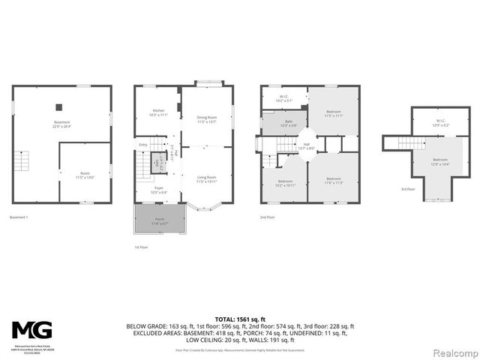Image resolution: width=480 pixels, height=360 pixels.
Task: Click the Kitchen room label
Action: pos(157,112)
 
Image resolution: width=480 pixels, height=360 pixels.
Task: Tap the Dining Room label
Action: pos(206,118)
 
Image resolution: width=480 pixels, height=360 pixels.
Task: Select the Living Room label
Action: pos(206,178)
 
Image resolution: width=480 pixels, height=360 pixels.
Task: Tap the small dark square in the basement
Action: pos(63,106)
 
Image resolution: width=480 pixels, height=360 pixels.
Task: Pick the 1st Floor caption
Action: pos(142,247)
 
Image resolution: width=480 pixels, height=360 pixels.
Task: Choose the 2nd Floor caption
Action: pos(268,217)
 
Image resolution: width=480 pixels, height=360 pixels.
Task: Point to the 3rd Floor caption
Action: pos(406,190)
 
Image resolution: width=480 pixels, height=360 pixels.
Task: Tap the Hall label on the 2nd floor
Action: pos(306,146)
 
